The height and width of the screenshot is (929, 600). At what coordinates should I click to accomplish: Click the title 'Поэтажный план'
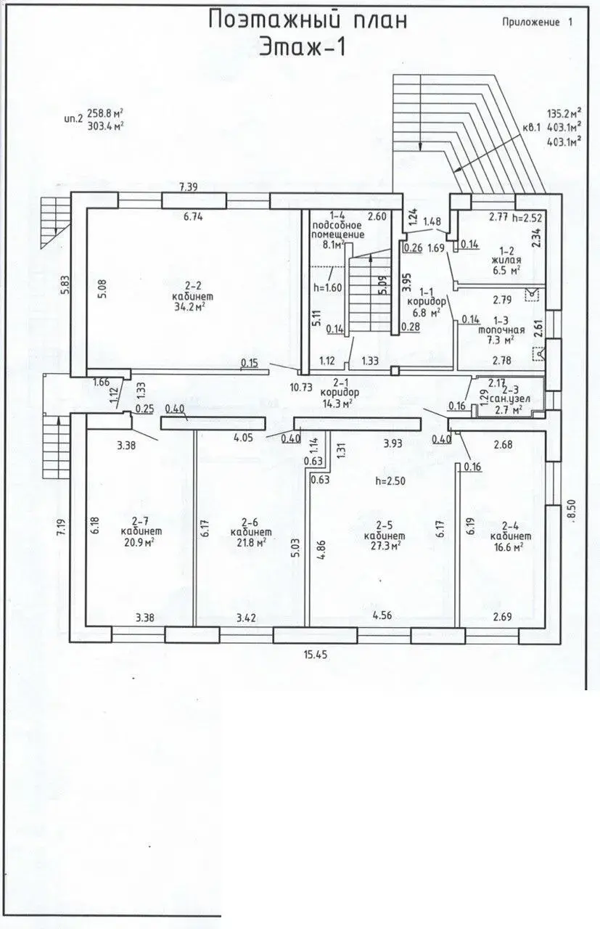click(x=307, y=20)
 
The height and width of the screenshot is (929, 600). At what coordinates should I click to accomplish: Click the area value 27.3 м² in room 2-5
click(x=386, y=546)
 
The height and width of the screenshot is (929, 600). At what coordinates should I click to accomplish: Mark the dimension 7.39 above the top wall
click(x=189, y=187)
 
